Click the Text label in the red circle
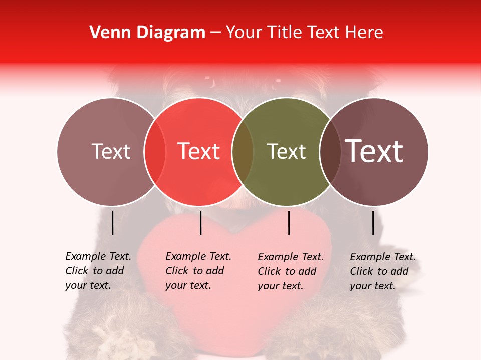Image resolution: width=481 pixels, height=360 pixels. (199, 151)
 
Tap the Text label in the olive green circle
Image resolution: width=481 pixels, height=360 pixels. (286, 151)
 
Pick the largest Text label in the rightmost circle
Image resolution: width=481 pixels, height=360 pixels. (374, 151)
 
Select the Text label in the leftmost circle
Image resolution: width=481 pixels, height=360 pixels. (111, 151)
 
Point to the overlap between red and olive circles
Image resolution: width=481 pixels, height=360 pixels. (243, 151)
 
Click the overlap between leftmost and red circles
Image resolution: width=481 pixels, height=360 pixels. (155, 151)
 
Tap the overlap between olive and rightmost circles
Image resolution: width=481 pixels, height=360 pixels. (330, 151)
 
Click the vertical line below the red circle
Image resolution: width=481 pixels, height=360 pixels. (200, 223)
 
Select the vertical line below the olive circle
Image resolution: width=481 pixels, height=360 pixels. (289, 223)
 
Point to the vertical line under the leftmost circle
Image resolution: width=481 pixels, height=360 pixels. (112, 223)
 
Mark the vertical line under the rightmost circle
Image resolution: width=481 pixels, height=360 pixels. (373, 223)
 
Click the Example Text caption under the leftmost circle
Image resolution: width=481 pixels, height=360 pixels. (98, 271)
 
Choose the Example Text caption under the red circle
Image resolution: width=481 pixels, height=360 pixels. (198, 271)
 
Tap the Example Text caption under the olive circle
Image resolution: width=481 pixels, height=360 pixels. (291, 271)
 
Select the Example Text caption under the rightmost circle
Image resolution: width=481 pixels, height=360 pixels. (383, 271)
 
